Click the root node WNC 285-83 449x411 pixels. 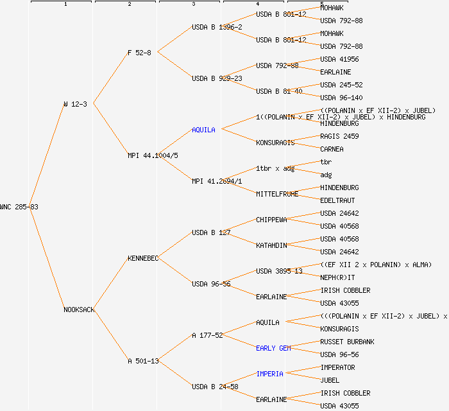click(x=19, y=207)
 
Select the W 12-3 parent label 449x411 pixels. click(x=75, y=104)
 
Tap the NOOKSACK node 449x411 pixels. click(x=79, y=310)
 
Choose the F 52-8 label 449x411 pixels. click(x=139, y=53)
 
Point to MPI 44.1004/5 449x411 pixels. click(x=153, y=155)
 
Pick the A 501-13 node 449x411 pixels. click(x=143, y=361)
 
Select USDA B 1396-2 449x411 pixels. click(x=217, y=27)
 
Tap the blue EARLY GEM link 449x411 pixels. click(x=273, y=348)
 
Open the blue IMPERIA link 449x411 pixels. click(x=269, y=374)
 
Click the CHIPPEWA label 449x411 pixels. click(x=271, y=220)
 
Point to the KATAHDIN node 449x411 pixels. click(x=271, y=245)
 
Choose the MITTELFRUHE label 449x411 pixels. click(x=277, y=194)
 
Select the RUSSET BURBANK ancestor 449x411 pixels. click(x=347, y=342)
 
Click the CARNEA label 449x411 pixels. click(x=332, y=149)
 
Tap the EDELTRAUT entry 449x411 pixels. click(x=337, y=200)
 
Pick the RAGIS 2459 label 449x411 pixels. click(x=339, y=136)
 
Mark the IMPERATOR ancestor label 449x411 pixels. click(x=337, y=367)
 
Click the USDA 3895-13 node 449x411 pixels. click(x=279, y=271)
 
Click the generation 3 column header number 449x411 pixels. click(x=193, y=4)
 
